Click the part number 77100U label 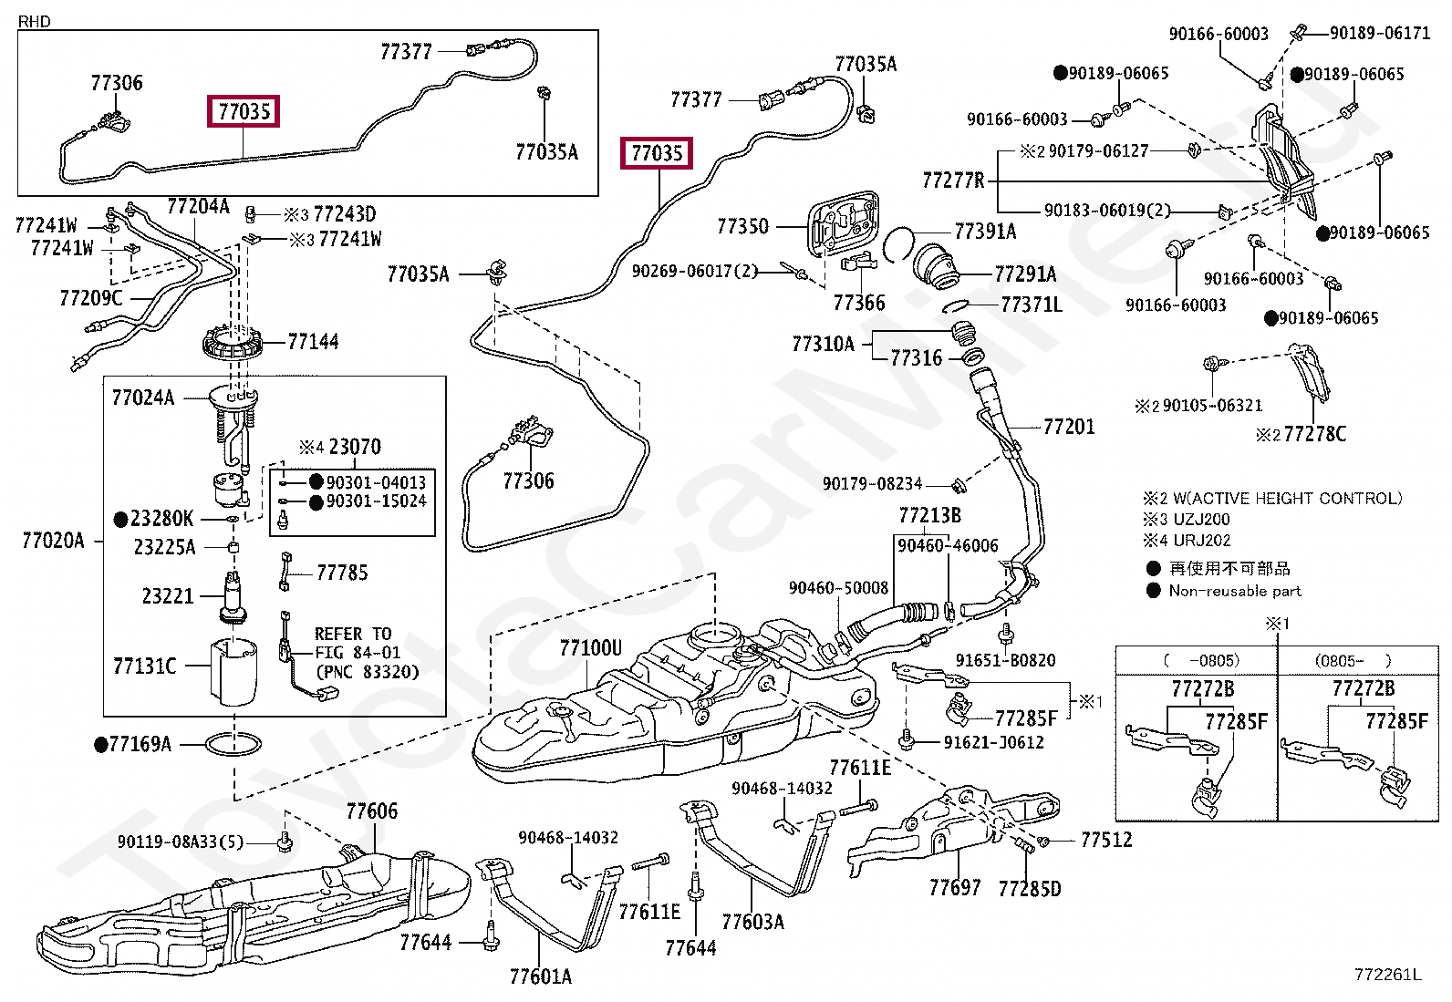point(590,648)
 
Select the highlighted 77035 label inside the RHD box point(244,111)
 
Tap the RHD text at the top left point(35,21)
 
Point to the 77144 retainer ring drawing point(233,345)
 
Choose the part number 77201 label point(1068,427)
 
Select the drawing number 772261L point(1387,975)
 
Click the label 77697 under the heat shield point(954,887)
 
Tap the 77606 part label point(371,811)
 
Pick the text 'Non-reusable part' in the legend point(1234,591)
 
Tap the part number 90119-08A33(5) point(180,842)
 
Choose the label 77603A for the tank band point(752,922)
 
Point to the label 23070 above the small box point(354,447)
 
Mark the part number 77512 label point(1105,840)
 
